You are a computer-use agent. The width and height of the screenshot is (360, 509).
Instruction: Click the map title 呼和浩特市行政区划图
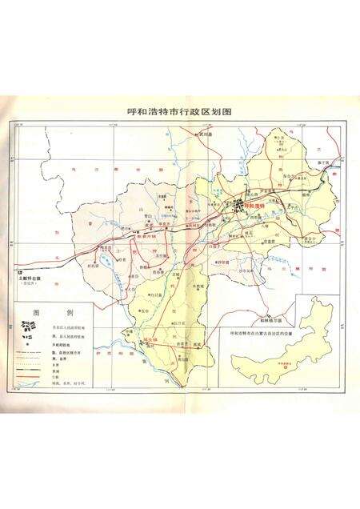[x=179, y=113]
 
